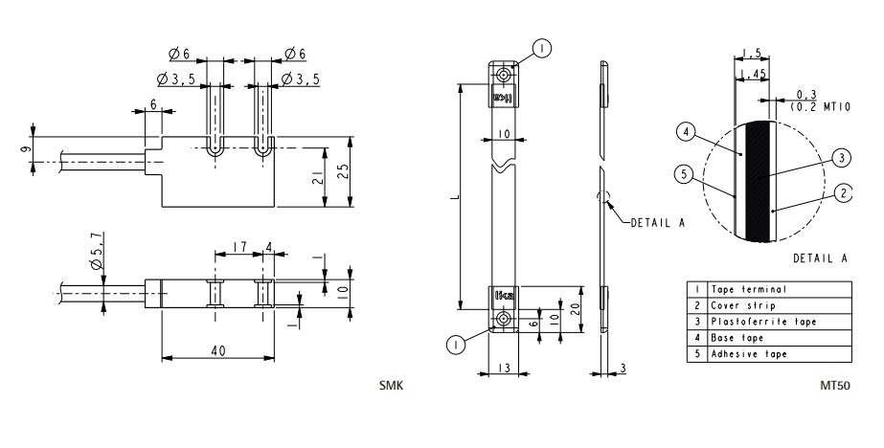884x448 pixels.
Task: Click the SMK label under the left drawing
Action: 392,386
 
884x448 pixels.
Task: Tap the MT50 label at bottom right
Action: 835,386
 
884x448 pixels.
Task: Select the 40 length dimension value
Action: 218,350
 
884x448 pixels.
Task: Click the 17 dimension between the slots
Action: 239,246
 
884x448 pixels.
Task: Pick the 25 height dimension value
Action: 342,171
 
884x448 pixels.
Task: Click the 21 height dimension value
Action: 318,178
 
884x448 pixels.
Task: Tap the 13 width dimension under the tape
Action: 504,368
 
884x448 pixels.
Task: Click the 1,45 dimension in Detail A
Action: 752,74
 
